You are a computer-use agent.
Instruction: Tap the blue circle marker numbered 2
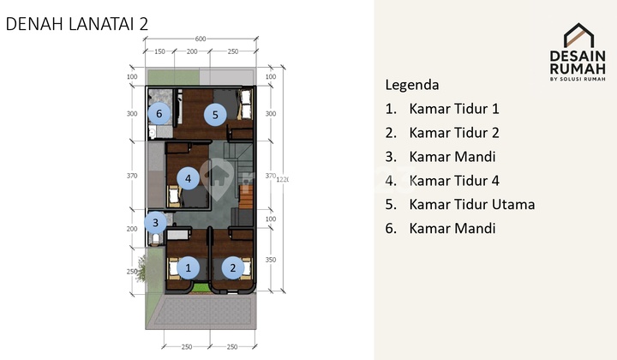[232, 267]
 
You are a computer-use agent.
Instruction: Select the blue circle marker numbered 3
[155, 224]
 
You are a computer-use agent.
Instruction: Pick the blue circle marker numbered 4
[189, 178]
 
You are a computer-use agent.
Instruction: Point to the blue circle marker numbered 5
[215, 113]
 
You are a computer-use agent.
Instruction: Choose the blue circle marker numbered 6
[159, 113]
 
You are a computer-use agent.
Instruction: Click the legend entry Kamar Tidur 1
[453, 109]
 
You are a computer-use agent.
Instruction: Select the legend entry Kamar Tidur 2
[453, 133]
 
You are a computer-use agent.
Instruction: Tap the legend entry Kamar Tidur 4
[453, 181]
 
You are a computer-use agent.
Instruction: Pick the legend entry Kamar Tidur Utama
[471, 204]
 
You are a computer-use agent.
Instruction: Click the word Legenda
[412, 85]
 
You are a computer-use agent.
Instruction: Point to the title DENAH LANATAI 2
[77, 24]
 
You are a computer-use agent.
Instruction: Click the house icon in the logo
[579, 35]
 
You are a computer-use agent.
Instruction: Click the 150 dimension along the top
[159, 51]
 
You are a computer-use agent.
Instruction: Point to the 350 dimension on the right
[271, 258]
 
